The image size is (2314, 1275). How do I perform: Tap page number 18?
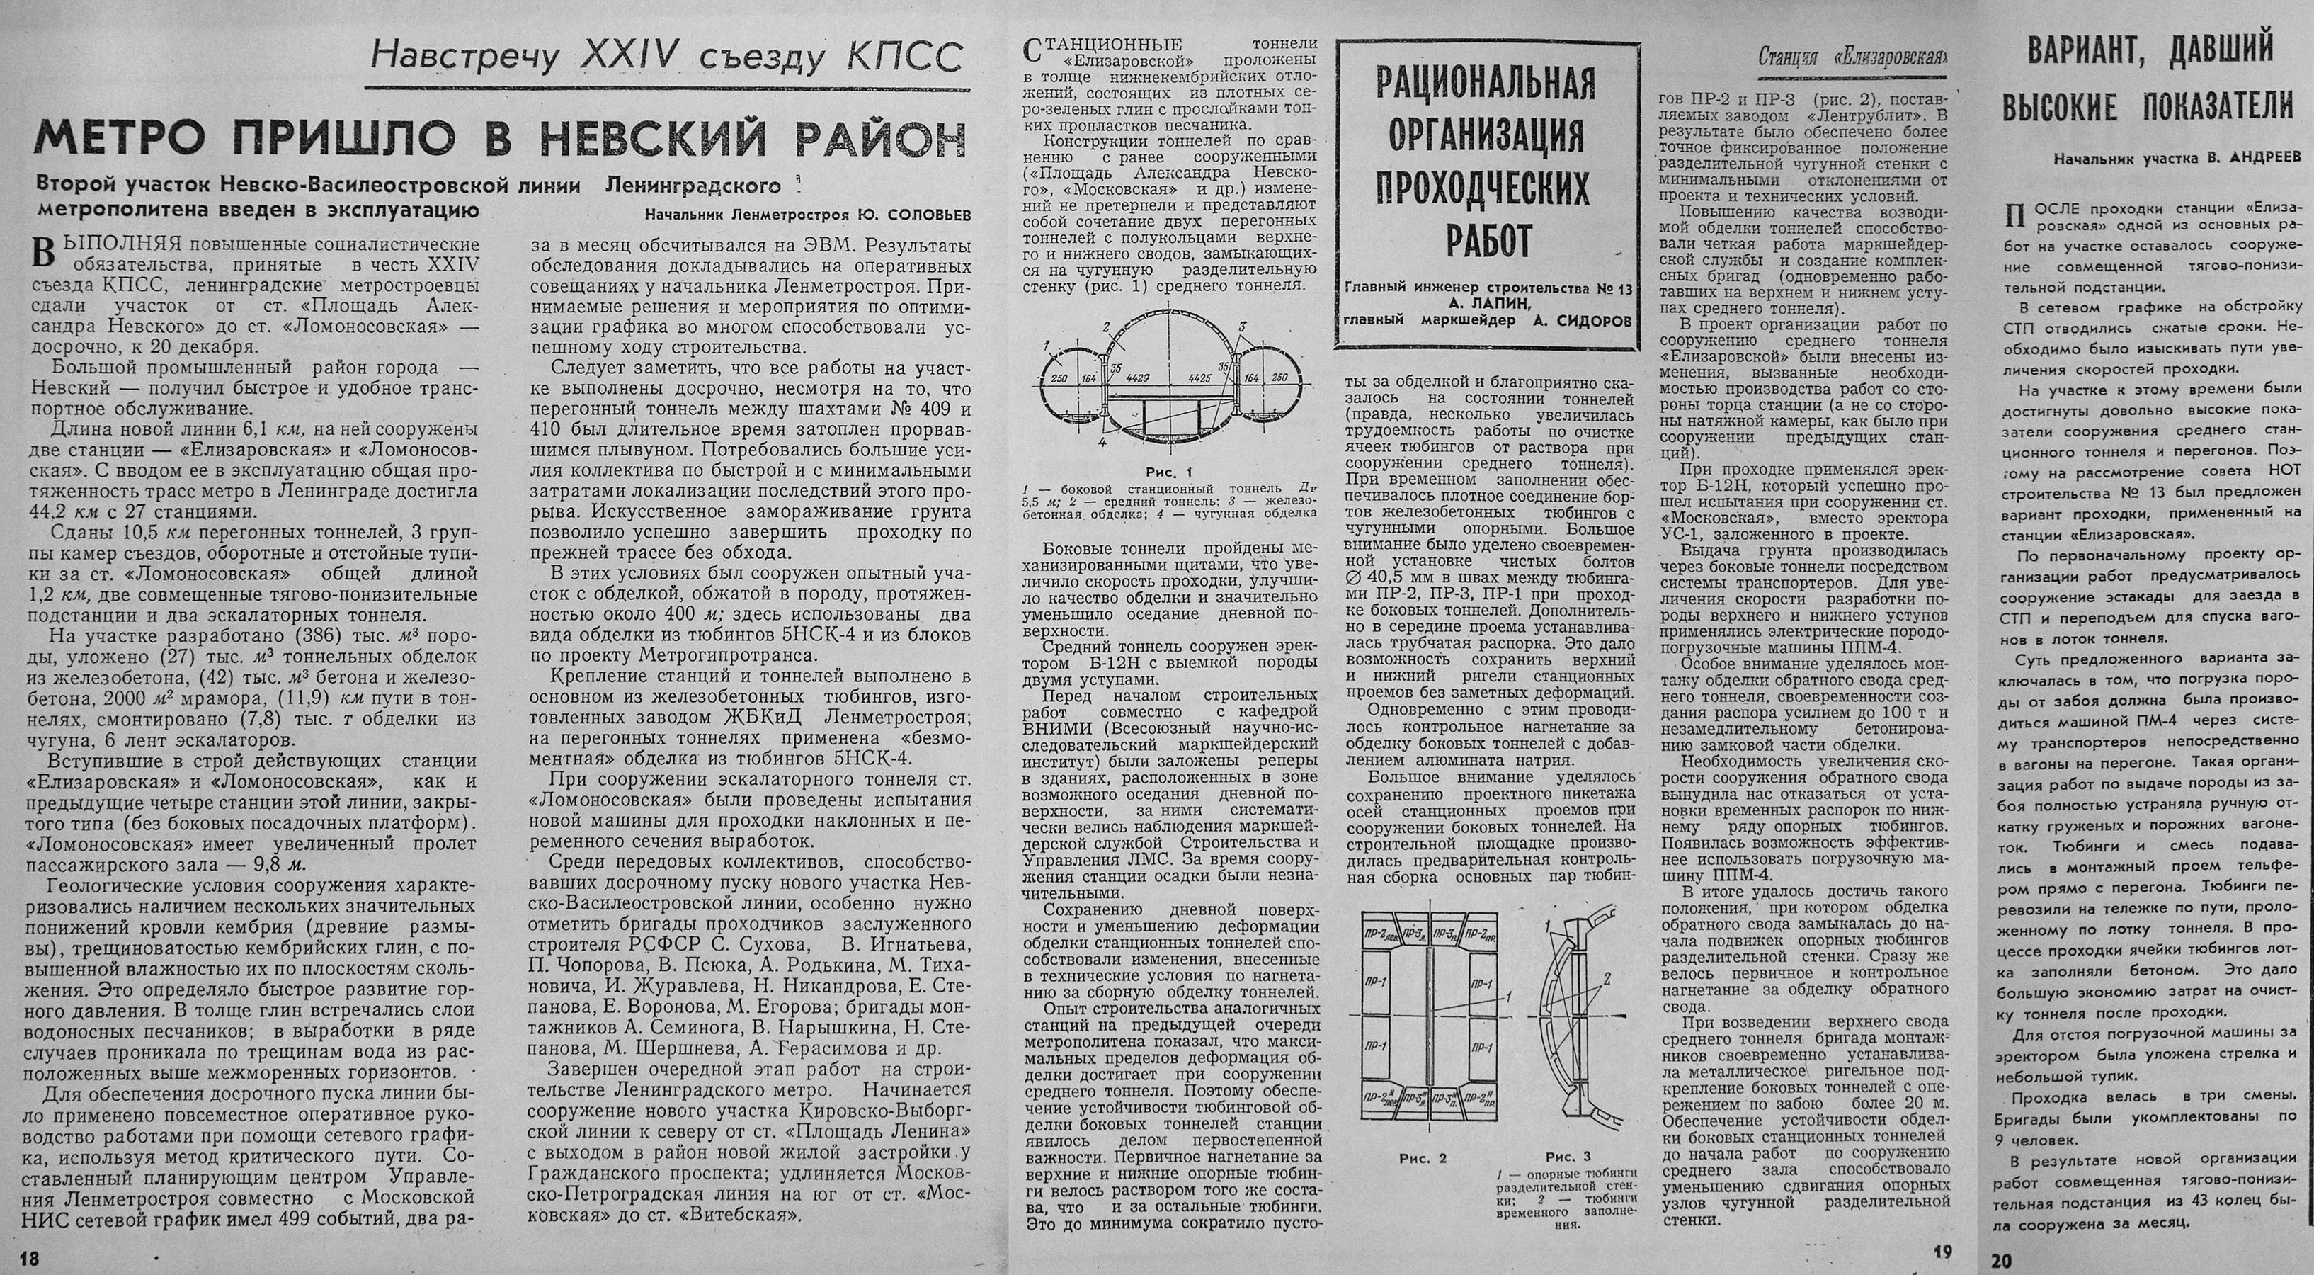click(29, 1259)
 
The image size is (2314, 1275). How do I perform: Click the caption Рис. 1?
click(1168, 472)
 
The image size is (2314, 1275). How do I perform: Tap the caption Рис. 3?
click(1568, 1157)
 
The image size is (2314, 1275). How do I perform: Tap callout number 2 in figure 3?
click(1605, 976)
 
